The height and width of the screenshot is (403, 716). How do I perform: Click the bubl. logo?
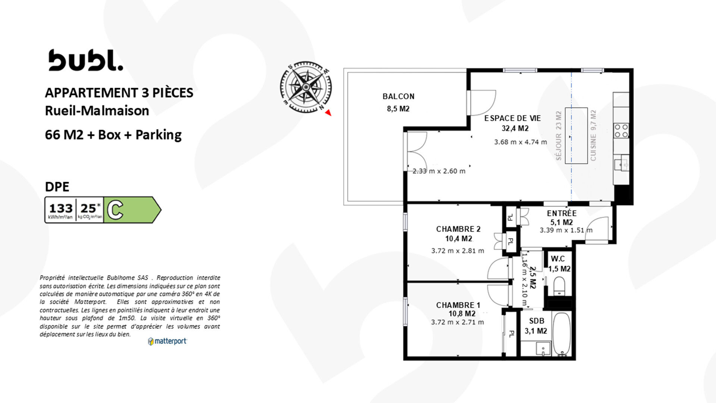tap(85, 60)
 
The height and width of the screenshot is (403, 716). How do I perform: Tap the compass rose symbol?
tap(306, 87)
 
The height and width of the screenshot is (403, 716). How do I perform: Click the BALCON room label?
tap(398, 96)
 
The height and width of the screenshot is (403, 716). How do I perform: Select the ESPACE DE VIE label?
tap(512, 118)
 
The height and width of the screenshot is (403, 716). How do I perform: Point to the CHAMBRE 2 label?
tap(458, 229)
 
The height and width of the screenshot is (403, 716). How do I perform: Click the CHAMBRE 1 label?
tap(458, 305)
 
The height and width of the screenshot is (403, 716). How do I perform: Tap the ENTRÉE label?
tap(562, 213)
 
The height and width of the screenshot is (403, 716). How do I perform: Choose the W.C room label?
tap(558, 259)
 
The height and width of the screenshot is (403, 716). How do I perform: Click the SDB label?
tap(537, 321)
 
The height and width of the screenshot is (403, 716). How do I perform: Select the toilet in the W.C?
tap(559, 287)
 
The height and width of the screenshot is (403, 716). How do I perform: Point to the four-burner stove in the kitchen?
tap(621, 131)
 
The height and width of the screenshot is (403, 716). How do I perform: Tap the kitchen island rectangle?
tap(576, 135)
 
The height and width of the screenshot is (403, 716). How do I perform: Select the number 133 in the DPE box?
tap(61, 208)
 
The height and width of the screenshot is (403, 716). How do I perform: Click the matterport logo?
tap(167, 341)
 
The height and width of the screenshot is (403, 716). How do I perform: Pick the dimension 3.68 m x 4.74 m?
tap(521, 142)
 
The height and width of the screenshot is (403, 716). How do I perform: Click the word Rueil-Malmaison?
tap(97, 110)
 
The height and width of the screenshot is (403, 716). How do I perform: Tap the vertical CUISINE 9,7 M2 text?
tap(593, 135)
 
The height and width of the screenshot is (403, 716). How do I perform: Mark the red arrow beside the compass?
tap(328, 113)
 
